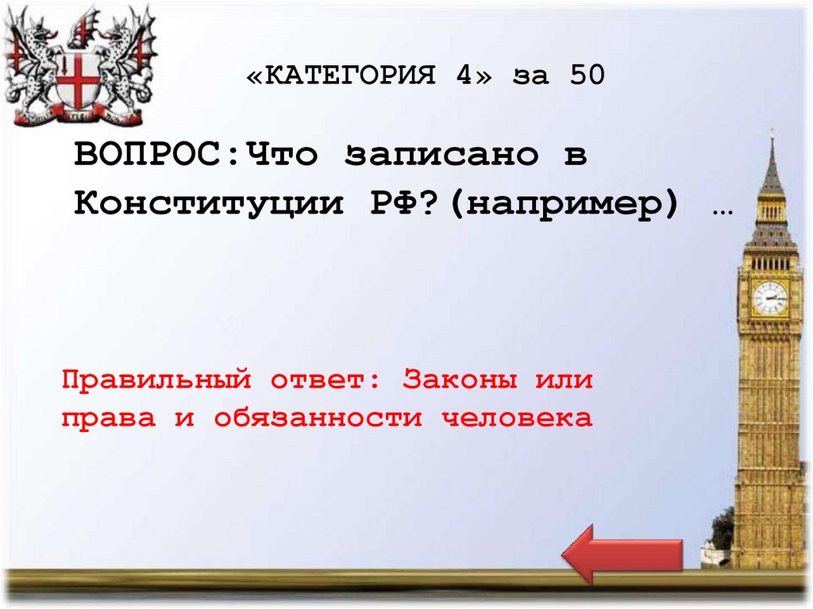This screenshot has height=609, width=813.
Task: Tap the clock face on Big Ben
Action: (x=769, y=298)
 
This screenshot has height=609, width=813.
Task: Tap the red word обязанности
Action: (x=318, y=418)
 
